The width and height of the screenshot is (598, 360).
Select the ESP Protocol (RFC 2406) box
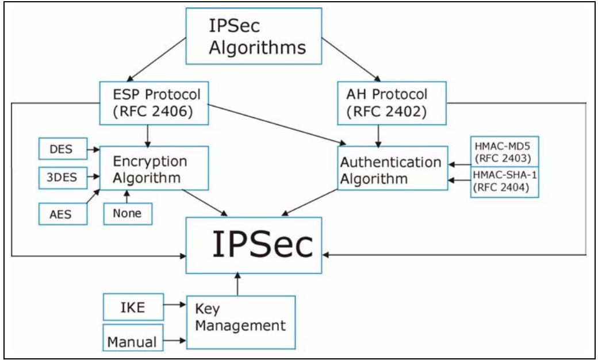(x=153, y=102)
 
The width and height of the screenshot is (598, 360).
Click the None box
(x=128, y=214)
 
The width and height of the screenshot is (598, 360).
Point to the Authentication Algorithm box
(x=392, y=171)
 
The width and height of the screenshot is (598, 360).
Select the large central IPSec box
(x=254, y=246)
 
